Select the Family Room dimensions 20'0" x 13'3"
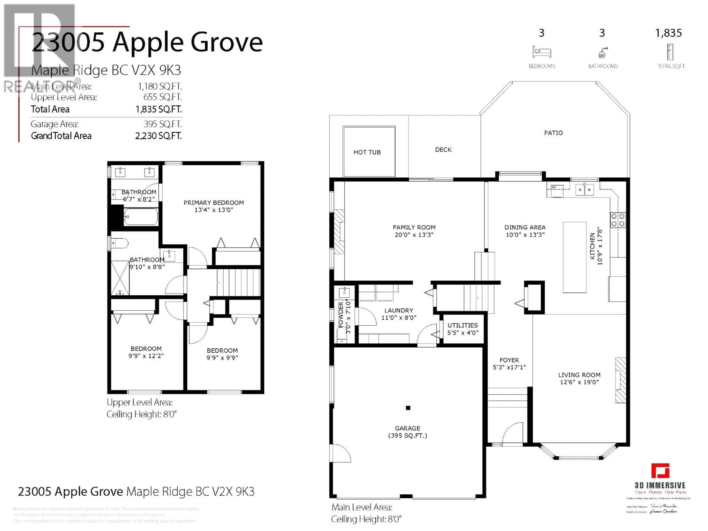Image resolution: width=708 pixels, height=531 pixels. pos(414,235)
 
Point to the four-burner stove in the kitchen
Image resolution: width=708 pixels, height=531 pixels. pos(617,220)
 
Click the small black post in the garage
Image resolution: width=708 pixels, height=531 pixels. pos(408,408)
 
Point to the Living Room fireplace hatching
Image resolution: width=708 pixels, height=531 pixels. pos(620,380)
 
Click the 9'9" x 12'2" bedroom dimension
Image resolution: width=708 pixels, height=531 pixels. pos(146,356)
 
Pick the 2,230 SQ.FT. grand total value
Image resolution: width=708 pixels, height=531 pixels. pos(158,136)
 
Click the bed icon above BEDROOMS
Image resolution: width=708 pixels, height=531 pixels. pos(542,52)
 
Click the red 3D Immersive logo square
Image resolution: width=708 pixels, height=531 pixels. pos(660,471)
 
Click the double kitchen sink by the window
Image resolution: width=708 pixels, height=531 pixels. pos(584,190)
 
